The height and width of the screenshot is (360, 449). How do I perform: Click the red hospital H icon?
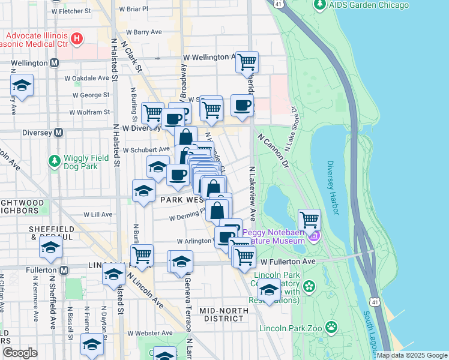click(x=76, y=40)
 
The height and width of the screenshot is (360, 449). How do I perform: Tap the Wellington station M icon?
click(x=55, y=62)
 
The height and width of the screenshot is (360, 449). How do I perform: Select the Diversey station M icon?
click(x=59, y=132)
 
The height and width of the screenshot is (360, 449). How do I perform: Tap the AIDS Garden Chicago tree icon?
click(x=319, y=5)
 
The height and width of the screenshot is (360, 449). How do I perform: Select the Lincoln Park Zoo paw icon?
click(x=331, y=327)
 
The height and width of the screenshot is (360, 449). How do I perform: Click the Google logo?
click(x=20, y=353)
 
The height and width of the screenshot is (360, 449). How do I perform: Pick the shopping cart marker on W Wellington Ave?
click(x=247, y=62)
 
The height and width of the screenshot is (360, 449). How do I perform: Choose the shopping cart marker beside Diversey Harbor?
click(x=309, y=219)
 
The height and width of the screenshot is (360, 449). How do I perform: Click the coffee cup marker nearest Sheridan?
click(x=243, y=106)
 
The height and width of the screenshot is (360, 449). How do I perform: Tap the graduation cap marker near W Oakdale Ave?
click(x=22, y=86)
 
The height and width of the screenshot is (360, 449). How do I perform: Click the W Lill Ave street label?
click(x=98, y=214)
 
